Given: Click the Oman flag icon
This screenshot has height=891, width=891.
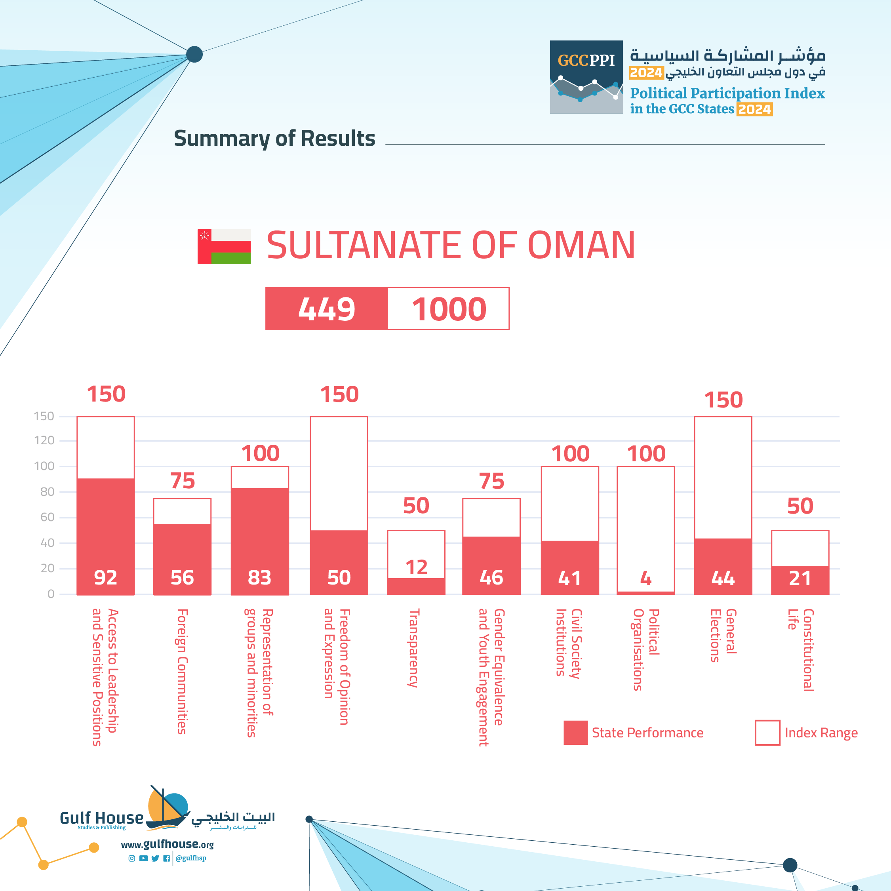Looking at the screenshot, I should coord(224,246).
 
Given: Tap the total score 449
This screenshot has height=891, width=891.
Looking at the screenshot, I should coord(327,308).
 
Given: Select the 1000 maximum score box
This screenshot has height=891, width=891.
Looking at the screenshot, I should coord(449,308).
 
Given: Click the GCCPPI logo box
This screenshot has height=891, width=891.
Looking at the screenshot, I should coord(586,77).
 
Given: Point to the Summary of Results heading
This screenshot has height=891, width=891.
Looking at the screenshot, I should coord(274,138).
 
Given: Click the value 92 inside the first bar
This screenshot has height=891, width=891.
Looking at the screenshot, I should coord(106,577).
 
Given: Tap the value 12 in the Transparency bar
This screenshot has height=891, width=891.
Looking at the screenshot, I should coord(416,567).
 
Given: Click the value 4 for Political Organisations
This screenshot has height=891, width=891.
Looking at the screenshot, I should coord(645,578).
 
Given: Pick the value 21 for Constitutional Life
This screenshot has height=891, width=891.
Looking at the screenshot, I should coord(800,578).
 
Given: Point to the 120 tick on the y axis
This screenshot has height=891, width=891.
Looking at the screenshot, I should coord(44,440).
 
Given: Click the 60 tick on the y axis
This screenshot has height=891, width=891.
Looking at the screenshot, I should coord(47,517).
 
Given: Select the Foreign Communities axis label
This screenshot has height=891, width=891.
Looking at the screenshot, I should coord(183,671).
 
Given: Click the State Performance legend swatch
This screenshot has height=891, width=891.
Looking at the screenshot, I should coord(575,732).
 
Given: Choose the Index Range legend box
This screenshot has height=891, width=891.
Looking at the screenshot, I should coord(767,732).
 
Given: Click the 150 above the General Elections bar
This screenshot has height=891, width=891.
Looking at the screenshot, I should coord(723,400).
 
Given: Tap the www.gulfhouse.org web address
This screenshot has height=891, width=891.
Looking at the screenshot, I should coord(167,844).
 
